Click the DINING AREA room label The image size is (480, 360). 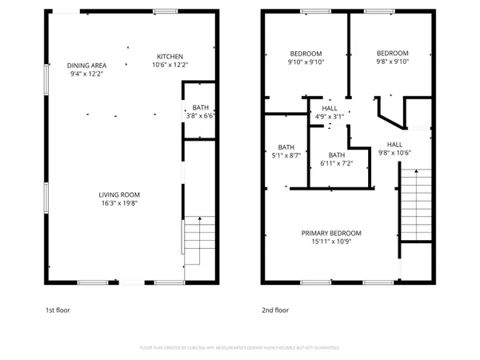[x=86, y=65]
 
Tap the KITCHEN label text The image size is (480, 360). [x=170, y=55]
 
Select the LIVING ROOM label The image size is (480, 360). [x=119, y=194]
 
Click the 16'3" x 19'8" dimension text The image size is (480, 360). [x=119, y=203]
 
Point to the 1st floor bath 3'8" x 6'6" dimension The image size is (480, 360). [x=200, y=116]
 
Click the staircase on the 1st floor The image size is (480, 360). [x=199, y=240]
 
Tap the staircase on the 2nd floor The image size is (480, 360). [x=415, y=204]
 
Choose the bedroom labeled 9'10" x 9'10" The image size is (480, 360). [x=305, y=62]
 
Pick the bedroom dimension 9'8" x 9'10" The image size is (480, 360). [x=393, y=62]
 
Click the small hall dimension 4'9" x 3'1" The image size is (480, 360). [x=330, y=117]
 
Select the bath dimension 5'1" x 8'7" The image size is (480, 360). [x=286, y=155]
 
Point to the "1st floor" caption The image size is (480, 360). [x=57, y=310]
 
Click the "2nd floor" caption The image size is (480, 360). [x=275, y=310]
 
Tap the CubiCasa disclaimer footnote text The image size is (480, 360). [x=240, y=348]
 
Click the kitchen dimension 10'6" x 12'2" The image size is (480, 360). [x=170, y=64]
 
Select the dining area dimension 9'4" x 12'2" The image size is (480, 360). [x=86, y=74]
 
